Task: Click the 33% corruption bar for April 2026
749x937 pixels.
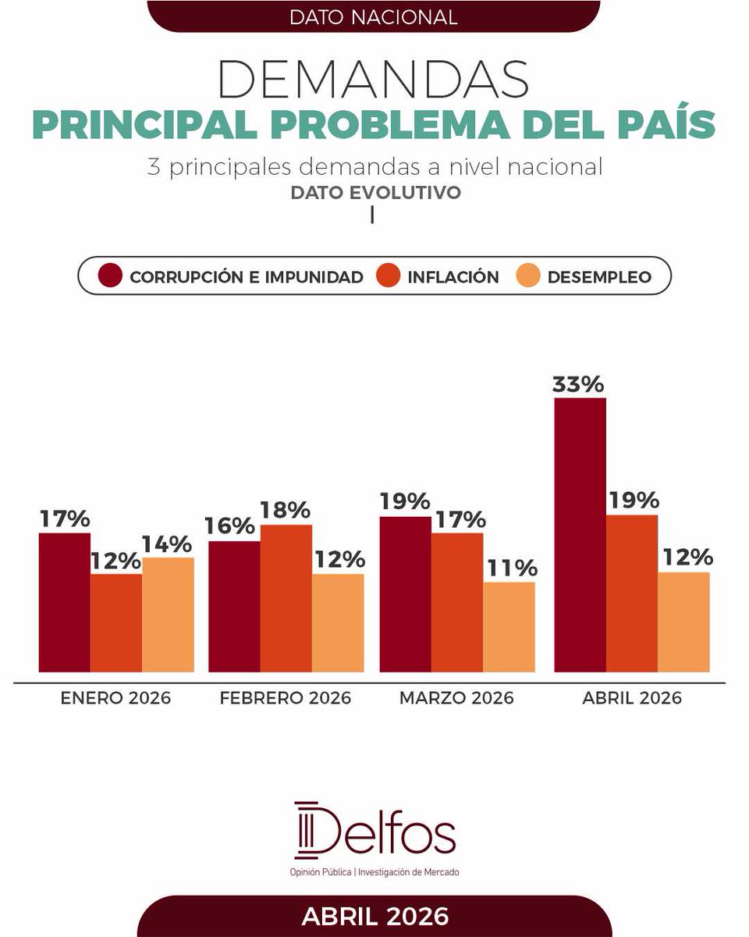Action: [580, 535]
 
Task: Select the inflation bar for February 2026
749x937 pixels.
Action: [286, 598]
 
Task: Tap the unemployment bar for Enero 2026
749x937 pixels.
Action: [168, 615]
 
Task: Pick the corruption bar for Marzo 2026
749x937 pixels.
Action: [405, 594]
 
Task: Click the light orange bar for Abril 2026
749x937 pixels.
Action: [683, 622]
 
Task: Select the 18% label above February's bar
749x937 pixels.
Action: [286, 511]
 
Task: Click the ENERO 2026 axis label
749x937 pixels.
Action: [115, 698]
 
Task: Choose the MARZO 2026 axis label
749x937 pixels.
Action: [456, 698]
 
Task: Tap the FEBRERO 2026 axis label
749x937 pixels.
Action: [286, 698]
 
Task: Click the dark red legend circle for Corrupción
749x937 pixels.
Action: [111, 276]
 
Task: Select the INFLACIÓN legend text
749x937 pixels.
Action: [453, 276]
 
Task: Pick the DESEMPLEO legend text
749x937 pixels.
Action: [599, 276]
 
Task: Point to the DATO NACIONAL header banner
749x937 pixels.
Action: [373, 16]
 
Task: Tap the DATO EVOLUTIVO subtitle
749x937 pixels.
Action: [375, 192]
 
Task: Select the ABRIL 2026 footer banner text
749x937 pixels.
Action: [374, 916]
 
